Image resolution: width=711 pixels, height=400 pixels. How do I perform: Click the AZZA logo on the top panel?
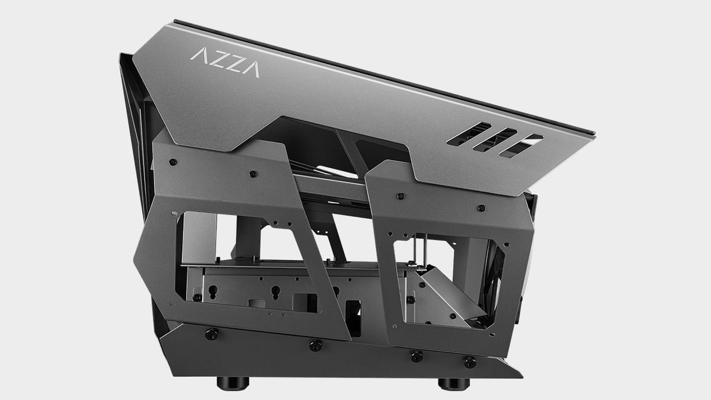[x=225, y=62]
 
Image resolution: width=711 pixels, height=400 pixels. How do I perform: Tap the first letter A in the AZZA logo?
[x=198, y=54]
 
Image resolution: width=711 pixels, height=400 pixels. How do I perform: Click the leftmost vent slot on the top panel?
[x=469, y=134]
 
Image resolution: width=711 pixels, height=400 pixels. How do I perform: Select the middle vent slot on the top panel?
[x=495, y=140]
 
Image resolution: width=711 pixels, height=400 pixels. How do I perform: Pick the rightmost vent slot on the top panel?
[x=521, y=146]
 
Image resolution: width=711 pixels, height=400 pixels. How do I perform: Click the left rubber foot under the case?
[x=233, y=383]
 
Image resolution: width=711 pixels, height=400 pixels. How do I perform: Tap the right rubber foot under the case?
[x=454, y=383]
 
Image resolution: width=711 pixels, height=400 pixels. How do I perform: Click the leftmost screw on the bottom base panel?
[x=212, y=334]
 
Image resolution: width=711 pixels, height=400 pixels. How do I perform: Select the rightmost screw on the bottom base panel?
[x=470, y=362]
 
